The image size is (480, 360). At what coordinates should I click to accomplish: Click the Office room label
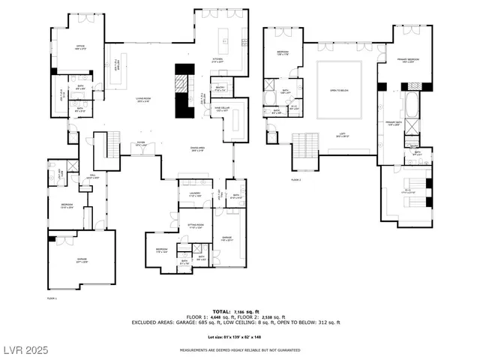click(x=80, y=47)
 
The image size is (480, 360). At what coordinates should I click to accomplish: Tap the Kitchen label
click(x=217, y=60)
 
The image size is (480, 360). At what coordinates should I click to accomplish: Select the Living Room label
click(x=144, y=99)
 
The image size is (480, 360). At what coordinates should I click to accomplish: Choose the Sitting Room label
click(x=196, y=226)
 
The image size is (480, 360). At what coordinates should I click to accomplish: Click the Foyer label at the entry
click(x=140, y=143)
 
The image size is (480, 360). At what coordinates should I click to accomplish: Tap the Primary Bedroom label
click(x=406, y=61)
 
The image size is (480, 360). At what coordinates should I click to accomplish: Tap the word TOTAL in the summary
click(x=221, y=310)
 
